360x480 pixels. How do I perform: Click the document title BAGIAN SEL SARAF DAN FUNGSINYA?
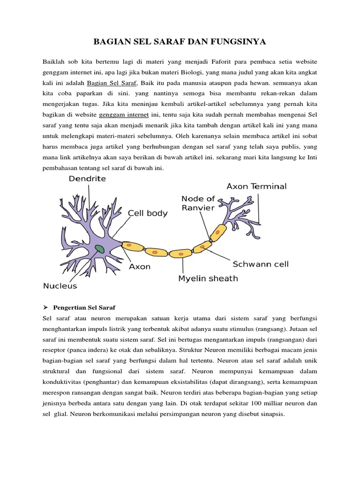click(x=180, y=43)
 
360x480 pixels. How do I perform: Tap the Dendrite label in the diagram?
click(x=87, y=179)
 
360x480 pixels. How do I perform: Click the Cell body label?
click(x=148, y=213)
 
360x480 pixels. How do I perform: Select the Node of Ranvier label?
click(x=198, y=203)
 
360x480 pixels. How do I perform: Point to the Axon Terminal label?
click(x=256, y=186)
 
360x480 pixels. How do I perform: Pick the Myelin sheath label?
click(x=208, y=278)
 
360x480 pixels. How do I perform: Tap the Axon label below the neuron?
click(x=140, y=267)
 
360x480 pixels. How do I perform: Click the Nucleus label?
click(x=60, y=285)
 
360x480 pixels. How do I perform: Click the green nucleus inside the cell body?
click(x=99, y=248)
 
